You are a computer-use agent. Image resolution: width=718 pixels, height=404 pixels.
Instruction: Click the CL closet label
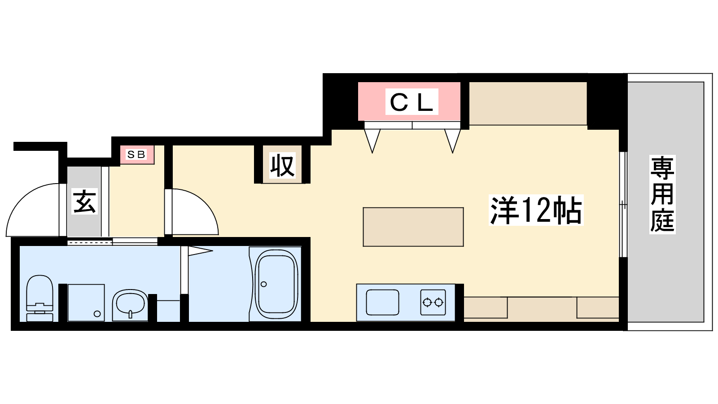[x=412, y=101]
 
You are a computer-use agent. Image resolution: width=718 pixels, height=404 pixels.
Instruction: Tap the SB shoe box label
[x=136, y=154]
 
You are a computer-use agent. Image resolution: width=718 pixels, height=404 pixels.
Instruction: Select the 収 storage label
[x=282, y=166]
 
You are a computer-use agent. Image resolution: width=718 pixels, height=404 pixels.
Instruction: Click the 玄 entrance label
[x=84, y=202]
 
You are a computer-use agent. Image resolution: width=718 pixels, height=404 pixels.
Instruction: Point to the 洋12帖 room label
[x=536, y=210]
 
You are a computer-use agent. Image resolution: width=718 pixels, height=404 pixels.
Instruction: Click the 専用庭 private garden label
[x=662, y=194]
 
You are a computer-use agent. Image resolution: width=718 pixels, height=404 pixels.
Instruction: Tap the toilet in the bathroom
[x=39, y=298]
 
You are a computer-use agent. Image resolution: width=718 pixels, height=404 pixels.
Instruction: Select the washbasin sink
[x=130, y=305]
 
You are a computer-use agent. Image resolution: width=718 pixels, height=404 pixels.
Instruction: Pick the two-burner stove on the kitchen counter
[x=433, y=303]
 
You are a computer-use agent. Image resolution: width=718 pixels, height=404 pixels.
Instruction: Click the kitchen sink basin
[x=383, y=303]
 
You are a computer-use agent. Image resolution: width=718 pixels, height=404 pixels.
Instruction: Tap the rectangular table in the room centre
[x=413, y=227]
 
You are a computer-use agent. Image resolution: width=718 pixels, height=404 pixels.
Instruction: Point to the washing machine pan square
[x=86, y=303]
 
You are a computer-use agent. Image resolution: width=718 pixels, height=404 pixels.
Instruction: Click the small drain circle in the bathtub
[x=264, y=284]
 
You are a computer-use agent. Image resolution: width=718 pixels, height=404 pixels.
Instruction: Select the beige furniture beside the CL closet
[x=528, y=104]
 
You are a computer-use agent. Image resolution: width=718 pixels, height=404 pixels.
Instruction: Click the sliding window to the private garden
[x=623, y=204]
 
